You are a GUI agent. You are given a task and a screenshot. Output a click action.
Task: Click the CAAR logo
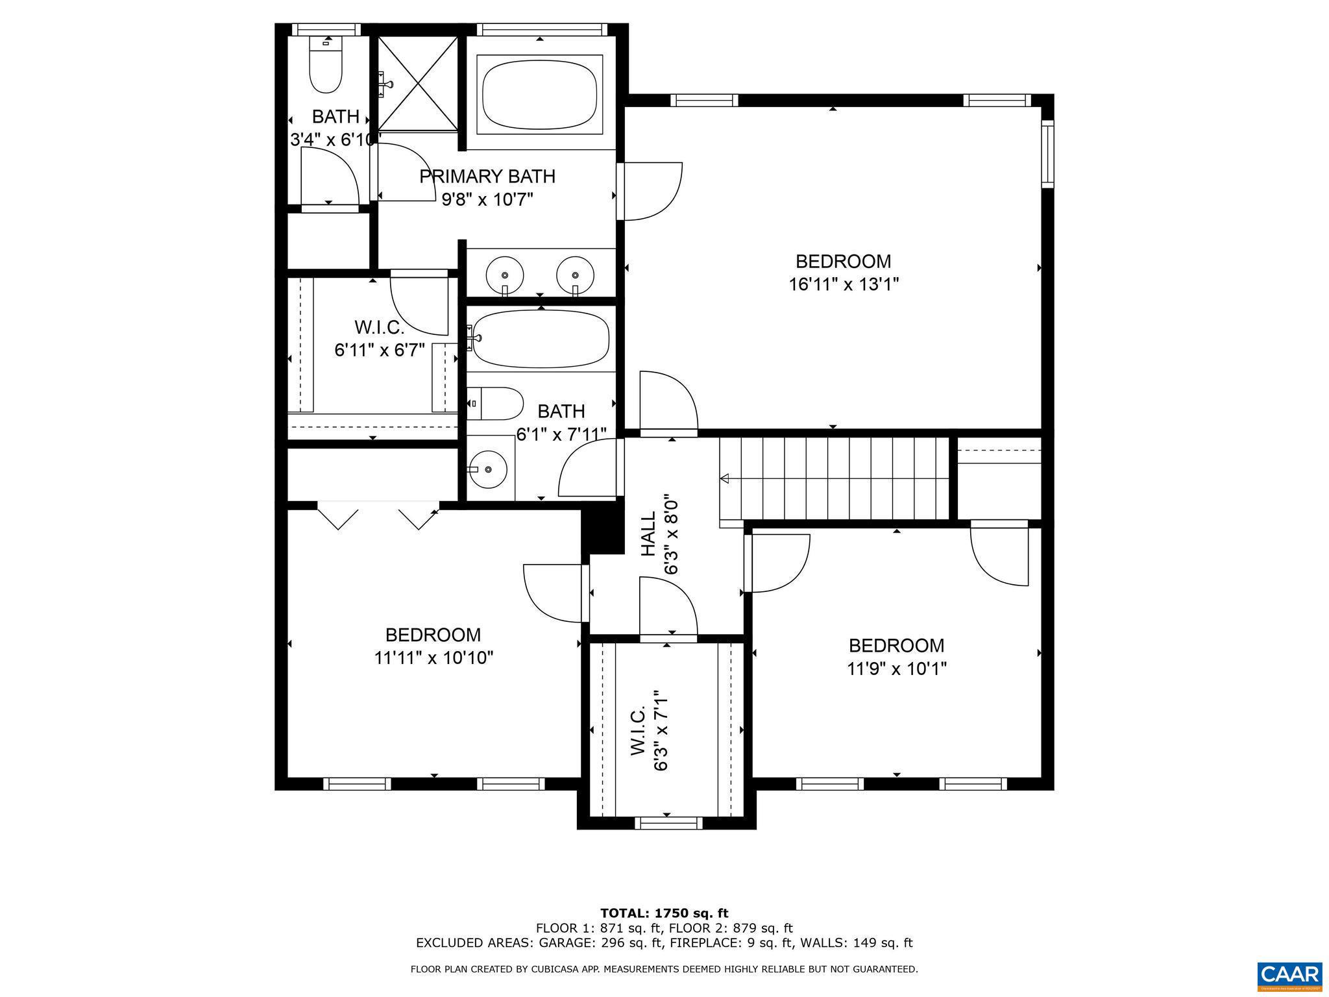pos(1289,975)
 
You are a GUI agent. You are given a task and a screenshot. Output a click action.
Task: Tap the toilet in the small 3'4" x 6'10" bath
pos(326,68)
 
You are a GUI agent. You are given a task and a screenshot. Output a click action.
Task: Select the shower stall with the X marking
pos(418,84)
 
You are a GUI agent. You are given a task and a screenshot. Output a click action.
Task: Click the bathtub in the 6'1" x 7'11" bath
pos(541,338)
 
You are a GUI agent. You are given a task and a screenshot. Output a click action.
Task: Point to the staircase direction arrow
pos(725,478)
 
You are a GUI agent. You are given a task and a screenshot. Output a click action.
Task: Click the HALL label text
pos(648,534)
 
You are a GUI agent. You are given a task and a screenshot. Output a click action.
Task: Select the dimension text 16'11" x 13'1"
pos(843,284)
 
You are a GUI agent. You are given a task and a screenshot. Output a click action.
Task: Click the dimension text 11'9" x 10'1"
pos(896,669)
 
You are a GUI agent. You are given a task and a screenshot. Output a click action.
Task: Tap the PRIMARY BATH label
pos(487,177)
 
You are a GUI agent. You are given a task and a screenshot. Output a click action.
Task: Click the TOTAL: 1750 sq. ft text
pos(664,913)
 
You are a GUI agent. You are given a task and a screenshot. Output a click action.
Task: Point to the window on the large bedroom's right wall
pos(1047,154)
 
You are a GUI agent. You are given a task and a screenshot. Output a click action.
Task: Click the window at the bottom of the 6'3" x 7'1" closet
pos(668,823)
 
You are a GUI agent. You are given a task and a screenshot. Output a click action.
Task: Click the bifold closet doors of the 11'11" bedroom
pos(378,515)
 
